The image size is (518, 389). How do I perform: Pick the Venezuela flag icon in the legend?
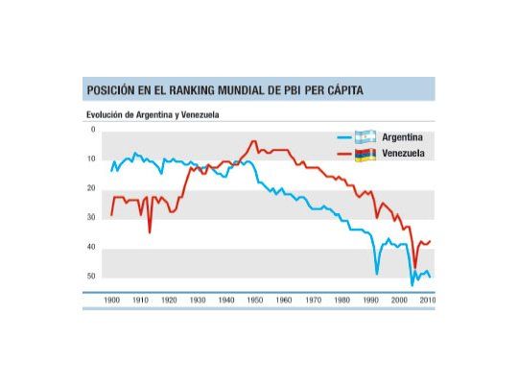pos(364,154)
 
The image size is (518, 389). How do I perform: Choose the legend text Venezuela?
pos(403,154)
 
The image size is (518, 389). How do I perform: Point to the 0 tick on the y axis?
pos(93,130)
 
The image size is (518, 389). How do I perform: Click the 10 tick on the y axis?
pos(91,158)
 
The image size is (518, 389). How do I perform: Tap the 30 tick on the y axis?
pos(91,218)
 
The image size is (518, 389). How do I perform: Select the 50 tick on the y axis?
pos(91,277)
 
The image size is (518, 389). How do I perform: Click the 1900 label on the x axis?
pos(111,301)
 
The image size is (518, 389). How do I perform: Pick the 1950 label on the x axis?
pos(255,301)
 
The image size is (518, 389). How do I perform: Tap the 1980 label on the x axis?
pos(341,301)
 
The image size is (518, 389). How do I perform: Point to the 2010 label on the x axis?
pos(427,301)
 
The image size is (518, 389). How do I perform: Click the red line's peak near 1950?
pos(254,142)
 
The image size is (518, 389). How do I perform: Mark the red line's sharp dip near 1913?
pos(150,231)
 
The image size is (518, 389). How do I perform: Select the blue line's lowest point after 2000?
pos(412,285)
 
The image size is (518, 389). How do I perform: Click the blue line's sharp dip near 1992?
pos(377,274)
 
